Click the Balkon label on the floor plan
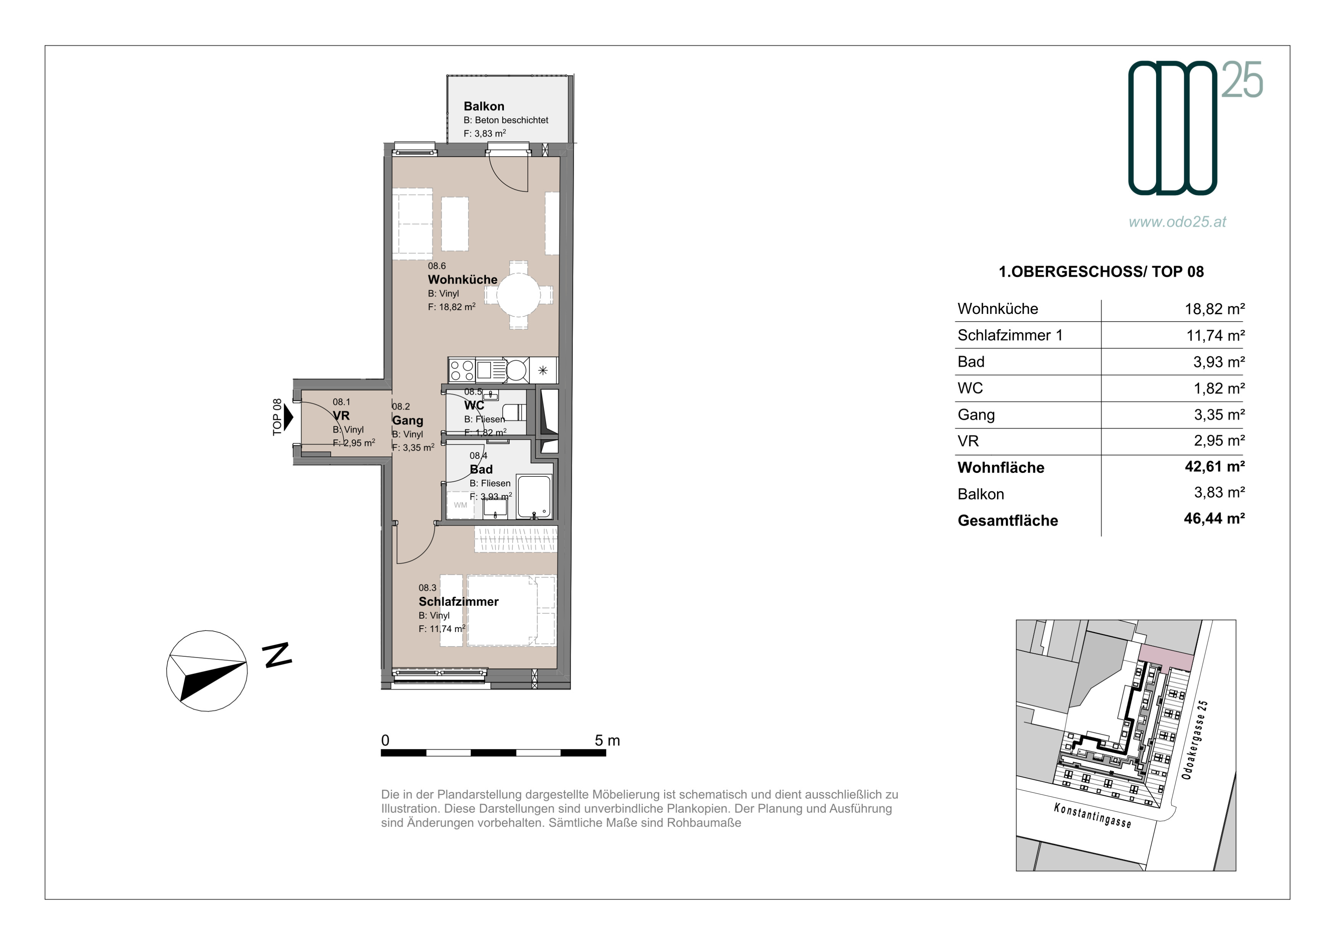pos(484,106)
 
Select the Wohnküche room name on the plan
pos(463,280)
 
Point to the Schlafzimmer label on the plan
pos(459,601)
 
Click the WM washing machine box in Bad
pos(460,505)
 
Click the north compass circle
pos(207,671)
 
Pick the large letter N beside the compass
pos(277,655)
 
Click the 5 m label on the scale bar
pos(607,741)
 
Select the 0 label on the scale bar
pos(385,741)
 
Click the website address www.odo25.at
pos(1177,222)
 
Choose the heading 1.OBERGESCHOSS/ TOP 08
pos(1101,272)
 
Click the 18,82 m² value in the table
pos(1214,309)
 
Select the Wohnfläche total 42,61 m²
pos(1214,467)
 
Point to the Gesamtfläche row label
pos(1008,521)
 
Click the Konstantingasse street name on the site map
pos(1092,815)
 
